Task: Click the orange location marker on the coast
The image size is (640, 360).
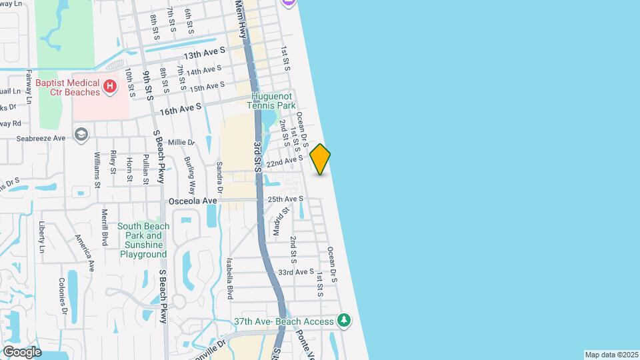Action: pyautogui.click(x=321, y=159)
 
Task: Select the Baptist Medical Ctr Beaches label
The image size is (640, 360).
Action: pyautogui.click(x=67, y=87)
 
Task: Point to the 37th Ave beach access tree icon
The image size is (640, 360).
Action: pyautogui.click(x=344, y=321)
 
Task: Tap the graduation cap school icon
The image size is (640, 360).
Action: pyautogui.click(x=81, y=135)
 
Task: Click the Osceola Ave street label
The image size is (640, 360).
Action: pyautogui.click(x=193, y=201)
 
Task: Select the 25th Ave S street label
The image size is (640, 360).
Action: pyautogui.click(x=285, y=199)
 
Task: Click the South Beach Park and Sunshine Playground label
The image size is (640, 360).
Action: pyautogui.click(x=143, y=240)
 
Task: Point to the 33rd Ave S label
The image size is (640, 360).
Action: pyautogui.click(x=296, y=272)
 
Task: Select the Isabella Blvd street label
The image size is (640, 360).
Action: pyautogui.click(x=230, y=278)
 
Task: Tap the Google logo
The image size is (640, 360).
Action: pyautogui.click(x=21, y=351)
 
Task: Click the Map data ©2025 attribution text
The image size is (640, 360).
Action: pyautogui.click(x=611, y=355)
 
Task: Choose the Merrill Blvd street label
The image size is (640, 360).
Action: pyautogui.click(x=105, y=228)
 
